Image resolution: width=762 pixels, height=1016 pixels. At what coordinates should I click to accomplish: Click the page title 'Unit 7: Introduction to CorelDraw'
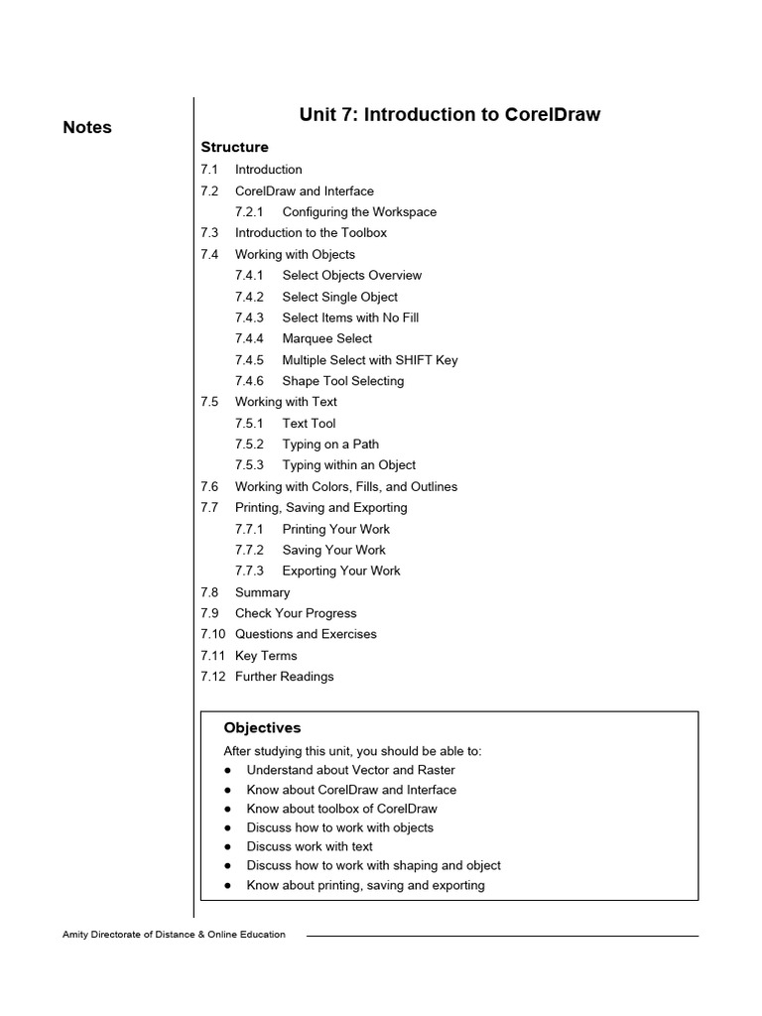(449, 115)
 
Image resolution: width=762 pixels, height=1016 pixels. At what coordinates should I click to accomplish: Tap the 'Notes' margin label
(87, 127)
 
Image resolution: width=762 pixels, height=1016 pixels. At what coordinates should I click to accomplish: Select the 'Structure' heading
(234, 148)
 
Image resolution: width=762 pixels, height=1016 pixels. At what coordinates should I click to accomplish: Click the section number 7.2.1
(249, 212)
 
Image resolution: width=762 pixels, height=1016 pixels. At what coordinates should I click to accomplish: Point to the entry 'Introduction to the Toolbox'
(311, 233)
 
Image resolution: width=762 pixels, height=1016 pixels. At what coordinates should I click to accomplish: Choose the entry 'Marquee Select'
(326, 339)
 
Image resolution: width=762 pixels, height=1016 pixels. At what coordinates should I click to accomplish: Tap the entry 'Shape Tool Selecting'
(342, 381)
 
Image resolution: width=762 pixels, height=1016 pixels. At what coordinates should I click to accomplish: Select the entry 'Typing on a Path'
(330, 444)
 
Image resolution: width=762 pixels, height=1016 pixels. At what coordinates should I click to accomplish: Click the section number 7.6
(208, 487)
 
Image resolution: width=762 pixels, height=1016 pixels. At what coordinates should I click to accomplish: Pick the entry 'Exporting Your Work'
(341, 571)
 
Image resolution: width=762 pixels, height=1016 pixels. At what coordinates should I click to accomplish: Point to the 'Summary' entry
(262, 592)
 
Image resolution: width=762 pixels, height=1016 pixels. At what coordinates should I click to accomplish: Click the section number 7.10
(212, 634)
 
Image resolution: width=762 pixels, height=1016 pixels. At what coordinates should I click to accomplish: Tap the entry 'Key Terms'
(266, 656)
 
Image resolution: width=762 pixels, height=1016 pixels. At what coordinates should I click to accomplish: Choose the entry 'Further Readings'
(284, 677)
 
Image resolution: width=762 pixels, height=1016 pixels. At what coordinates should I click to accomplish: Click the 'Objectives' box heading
(262, 728)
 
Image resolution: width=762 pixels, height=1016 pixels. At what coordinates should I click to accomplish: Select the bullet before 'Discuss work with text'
(227, 847)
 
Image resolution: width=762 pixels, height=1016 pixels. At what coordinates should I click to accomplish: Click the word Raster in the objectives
(435, 770)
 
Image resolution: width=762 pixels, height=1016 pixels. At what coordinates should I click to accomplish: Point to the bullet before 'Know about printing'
(227, 885)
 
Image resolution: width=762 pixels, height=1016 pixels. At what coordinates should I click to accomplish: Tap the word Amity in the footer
(77, 935)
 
